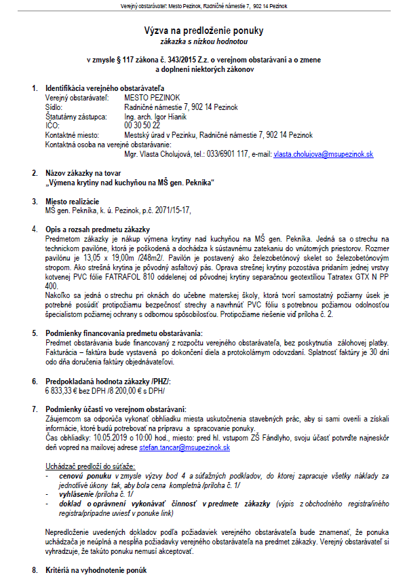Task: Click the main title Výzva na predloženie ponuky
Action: tap(203, 31)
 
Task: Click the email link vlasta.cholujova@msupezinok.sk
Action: tap(324, 155)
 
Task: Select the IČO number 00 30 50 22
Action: tap(142, 126)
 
